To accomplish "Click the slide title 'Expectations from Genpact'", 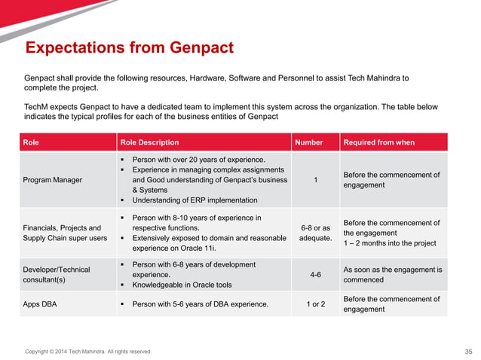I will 129,49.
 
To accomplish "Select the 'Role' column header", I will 32,142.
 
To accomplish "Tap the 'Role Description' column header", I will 149,142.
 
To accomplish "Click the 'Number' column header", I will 309,142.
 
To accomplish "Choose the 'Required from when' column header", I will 378,142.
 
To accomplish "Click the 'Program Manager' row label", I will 54,180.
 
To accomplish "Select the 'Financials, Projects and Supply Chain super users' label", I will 65,233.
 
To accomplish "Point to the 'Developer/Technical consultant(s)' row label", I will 57,274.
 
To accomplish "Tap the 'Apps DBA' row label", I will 41,304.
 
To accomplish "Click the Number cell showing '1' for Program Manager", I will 315,180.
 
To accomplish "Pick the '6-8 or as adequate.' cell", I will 315,233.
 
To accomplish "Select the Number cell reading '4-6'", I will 315,275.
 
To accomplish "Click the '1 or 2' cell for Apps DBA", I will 315,304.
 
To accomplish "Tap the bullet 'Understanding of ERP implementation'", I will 195,200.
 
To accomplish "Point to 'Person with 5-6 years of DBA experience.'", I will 200,304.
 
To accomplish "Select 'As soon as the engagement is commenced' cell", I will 392,275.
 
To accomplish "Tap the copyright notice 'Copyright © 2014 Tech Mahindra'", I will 88,352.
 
